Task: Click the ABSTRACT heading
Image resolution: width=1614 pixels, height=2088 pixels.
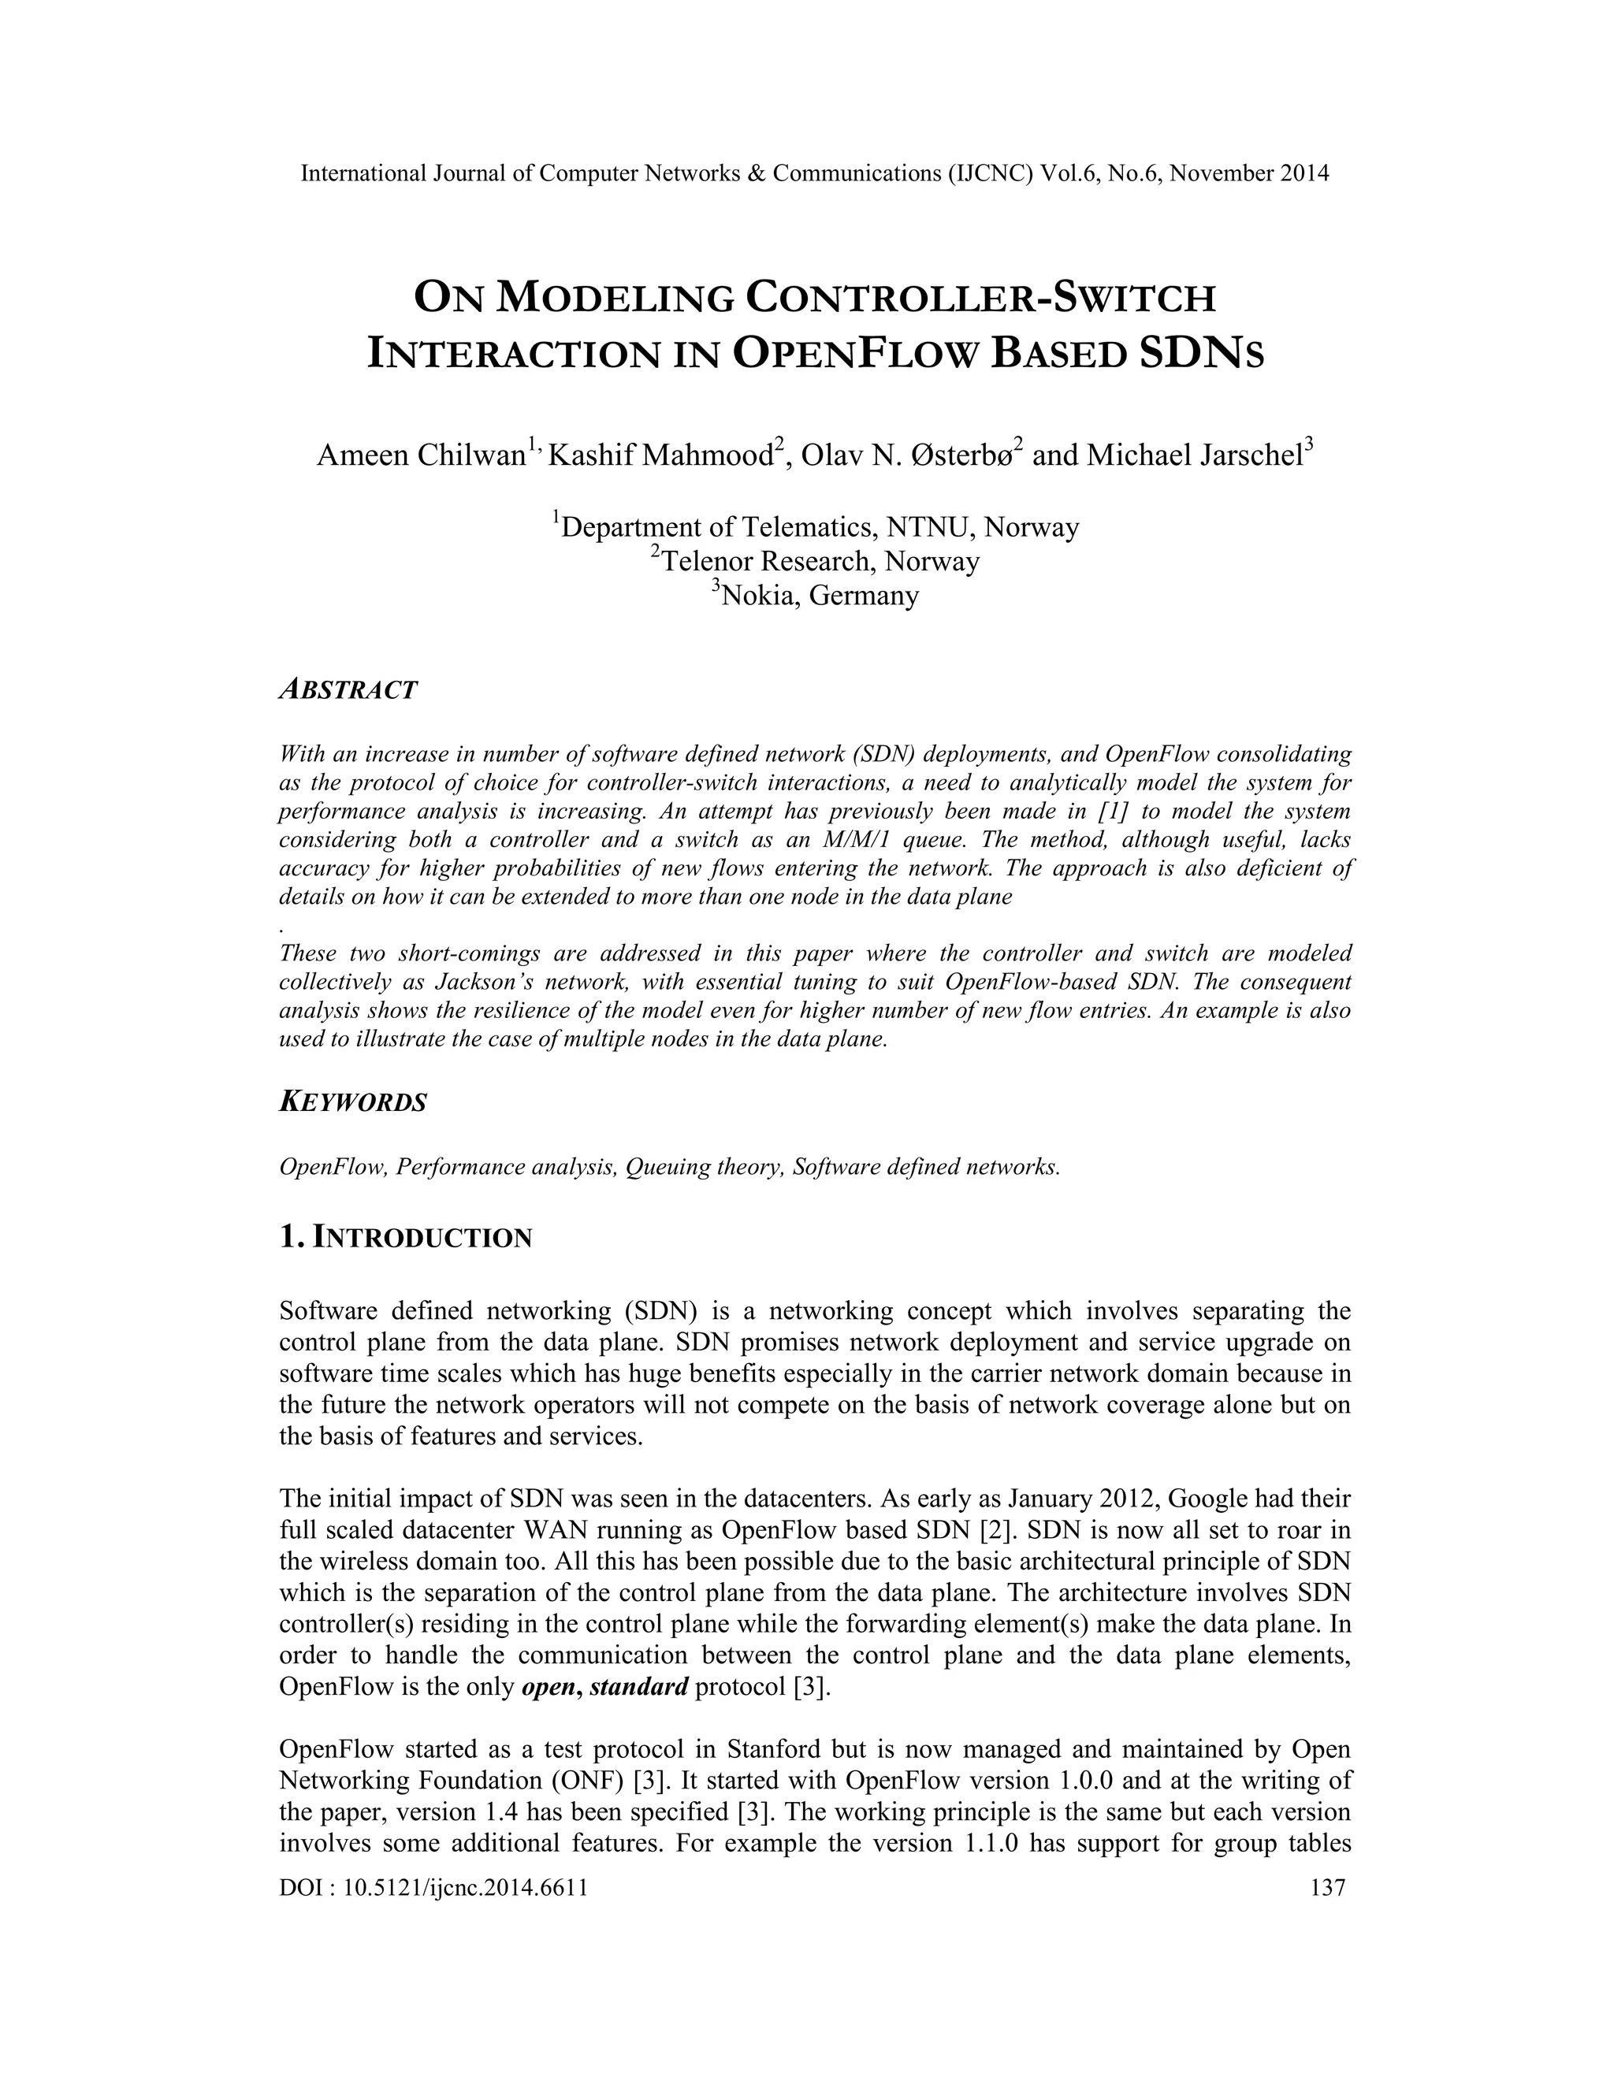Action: (348, 689)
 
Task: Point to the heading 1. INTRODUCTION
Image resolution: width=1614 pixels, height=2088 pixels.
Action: (405, 1238)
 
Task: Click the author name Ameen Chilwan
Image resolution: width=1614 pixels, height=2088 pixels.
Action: (421, 455)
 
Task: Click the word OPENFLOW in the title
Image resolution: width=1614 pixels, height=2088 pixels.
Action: (856, 354)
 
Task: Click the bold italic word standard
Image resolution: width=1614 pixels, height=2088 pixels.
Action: (638, 1685)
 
